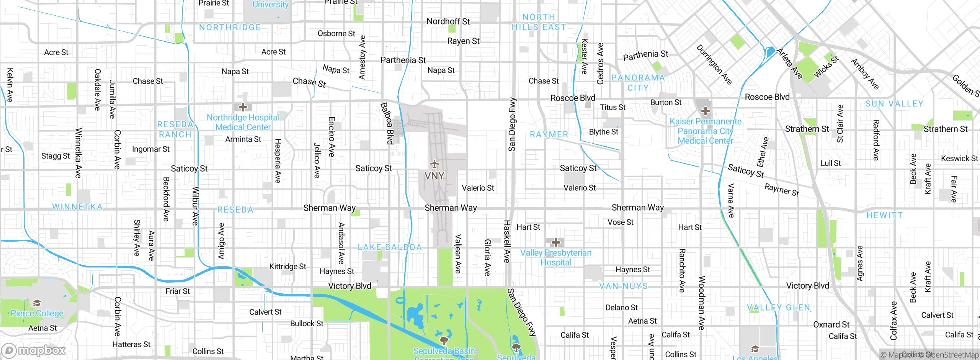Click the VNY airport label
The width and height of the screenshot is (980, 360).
coord(434,176)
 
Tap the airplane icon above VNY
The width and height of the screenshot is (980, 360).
coord(434,164)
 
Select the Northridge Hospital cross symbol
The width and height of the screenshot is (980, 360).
coord(243,107)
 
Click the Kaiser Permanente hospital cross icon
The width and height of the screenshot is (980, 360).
coord(705,111)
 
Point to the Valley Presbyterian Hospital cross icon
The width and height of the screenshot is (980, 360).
coord(556,242)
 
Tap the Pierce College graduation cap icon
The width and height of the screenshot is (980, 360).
coord(37,303)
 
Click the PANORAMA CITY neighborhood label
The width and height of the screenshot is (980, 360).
coord(638,83)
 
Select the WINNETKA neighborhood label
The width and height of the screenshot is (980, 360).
coord(77,207)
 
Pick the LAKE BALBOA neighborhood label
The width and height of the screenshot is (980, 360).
coord(390,247)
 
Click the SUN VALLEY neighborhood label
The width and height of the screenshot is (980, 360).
coord(894,104)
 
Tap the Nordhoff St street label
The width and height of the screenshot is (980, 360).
coord(448,21)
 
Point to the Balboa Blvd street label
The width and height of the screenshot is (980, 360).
coord(387,123)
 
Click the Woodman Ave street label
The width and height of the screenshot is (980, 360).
coord(702,303)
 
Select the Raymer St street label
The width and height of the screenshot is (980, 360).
coord(782,190)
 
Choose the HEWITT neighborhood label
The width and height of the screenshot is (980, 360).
coord(884,215)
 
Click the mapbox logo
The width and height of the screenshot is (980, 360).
coord(34,350)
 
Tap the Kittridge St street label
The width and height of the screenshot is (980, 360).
coord(287,267)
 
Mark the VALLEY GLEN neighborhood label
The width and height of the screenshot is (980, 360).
coord(779,308)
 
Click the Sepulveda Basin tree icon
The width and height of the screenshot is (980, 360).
coord(444,340)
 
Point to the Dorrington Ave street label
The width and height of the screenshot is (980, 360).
coord(714,64)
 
